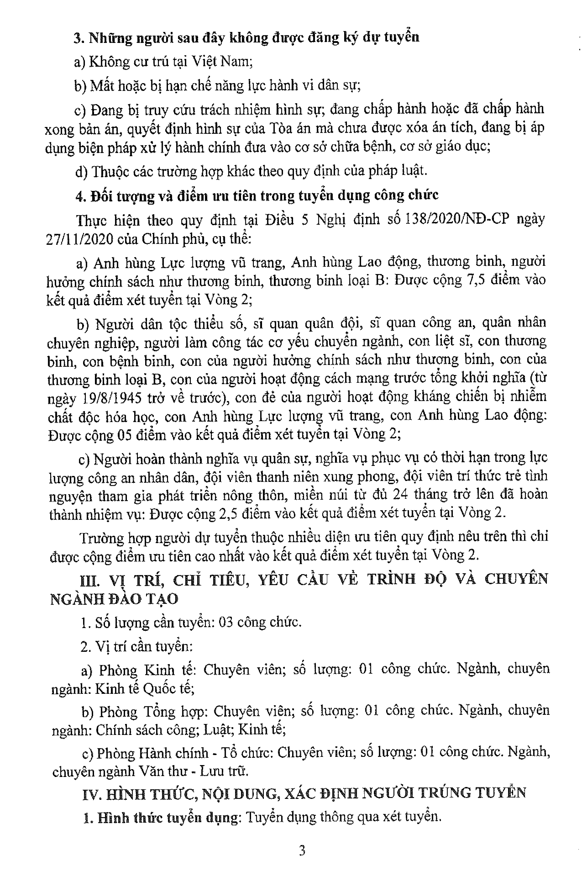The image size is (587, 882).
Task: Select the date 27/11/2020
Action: tap(79, 239)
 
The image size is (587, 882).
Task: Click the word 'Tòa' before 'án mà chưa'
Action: tap(279, 128)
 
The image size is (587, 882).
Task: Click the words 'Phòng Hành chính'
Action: tap(152, 753)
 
